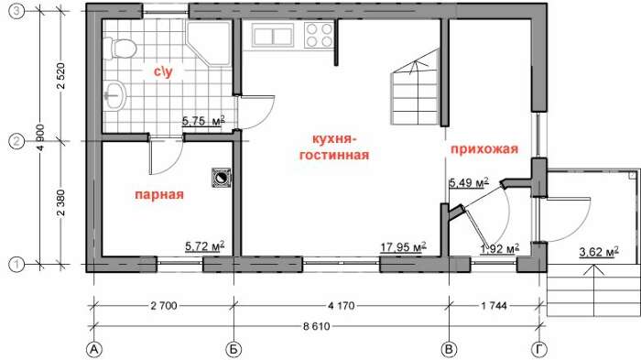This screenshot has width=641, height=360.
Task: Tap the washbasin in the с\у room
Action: point(115,96)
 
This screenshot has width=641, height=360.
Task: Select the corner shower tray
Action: point(210,43)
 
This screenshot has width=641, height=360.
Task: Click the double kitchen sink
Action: point(273,35)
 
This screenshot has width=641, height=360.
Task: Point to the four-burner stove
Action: point(320,35)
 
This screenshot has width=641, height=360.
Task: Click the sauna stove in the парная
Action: point(222,178)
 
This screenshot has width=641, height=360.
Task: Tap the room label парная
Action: point(159,194)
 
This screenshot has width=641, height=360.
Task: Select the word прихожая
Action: point(484,148)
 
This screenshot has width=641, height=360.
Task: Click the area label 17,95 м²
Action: point(404,246)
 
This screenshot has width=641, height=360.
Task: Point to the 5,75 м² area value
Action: point(203,121)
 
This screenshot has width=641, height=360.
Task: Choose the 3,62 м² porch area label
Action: point(599,251)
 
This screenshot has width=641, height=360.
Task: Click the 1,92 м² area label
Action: point(500,248)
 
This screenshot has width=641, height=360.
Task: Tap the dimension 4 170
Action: point(342,306)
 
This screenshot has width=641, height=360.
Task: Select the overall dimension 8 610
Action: point(317,326)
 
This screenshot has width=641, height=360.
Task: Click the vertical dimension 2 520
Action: point(61,76)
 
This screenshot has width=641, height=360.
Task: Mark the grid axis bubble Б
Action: point(234,350)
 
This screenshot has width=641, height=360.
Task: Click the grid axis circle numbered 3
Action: point(16,12)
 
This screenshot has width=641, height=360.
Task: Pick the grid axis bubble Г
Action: point(539,350)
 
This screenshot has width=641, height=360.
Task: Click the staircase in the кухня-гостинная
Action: point(415,87)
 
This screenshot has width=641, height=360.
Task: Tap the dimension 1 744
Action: point(494,306)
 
